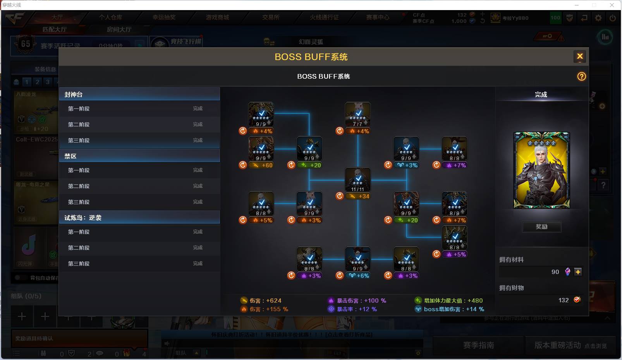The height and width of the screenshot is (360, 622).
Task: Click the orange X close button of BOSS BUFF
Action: (x=579, y=57)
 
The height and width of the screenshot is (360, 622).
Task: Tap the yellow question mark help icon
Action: (x=581, y=76)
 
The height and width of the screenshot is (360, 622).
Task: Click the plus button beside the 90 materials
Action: (x=578, y=272)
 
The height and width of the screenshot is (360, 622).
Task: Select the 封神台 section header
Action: (x=139, y=94)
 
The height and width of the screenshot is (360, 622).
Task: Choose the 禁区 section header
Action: (x=139, y=156)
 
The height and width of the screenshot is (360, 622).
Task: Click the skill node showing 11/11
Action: (x=358, y=180)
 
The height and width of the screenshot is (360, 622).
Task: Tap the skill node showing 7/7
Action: (x=358, y=114)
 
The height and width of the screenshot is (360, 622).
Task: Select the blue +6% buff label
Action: (x=360, y=276)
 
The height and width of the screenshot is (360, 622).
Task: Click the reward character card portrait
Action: (x=541, y=170)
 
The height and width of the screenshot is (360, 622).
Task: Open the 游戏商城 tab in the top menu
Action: (x=217, y=17)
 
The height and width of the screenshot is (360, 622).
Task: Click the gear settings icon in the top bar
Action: (x=598, y=18)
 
